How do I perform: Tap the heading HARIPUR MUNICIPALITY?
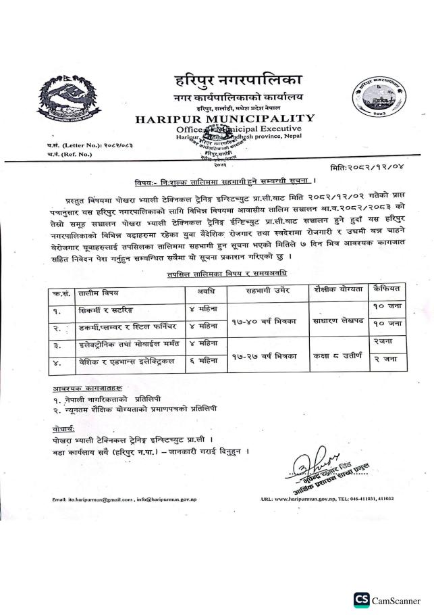tap(225, 119)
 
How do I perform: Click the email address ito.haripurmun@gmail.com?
tap(88, 499)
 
